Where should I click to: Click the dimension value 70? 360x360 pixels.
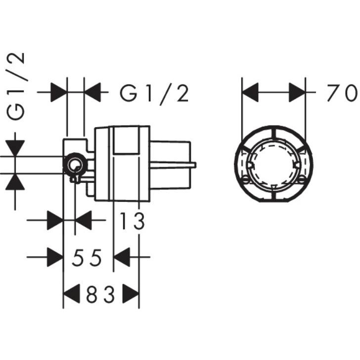[343, 92]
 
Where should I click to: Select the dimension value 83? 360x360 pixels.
[100, 294]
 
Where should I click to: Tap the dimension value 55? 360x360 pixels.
[87, 258]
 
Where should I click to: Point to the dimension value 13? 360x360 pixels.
[133, 221]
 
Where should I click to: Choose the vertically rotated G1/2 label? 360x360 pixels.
[16, 86]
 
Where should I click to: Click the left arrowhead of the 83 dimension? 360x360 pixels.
[71, 294]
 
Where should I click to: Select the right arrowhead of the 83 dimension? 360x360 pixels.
[131, 294]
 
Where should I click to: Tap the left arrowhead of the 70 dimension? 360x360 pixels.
[250, 92]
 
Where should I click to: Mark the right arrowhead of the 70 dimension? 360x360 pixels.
[297, 92]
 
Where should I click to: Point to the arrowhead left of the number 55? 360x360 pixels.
[55, 257]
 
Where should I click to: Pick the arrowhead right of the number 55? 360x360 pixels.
[122, 257]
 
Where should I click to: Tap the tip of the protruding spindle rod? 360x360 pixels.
[195, 164]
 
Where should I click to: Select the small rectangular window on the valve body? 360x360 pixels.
[126, 140]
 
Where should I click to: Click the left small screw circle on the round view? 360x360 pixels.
[245, 180]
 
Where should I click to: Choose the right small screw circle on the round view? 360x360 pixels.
[302, 180]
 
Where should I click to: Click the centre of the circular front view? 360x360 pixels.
[273, 164]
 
